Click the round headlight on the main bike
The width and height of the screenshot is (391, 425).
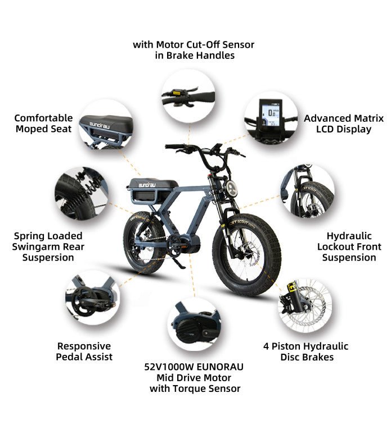point(232,188)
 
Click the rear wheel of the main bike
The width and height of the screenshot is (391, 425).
point(144,242)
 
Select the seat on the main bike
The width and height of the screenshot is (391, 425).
point(152,184)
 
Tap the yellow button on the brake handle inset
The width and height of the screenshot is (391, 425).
point(177,93)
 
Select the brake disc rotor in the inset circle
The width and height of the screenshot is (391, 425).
point(309,307)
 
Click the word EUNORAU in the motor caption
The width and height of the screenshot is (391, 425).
point(219,367)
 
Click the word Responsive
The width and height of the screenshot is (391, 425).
point(84,346)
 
